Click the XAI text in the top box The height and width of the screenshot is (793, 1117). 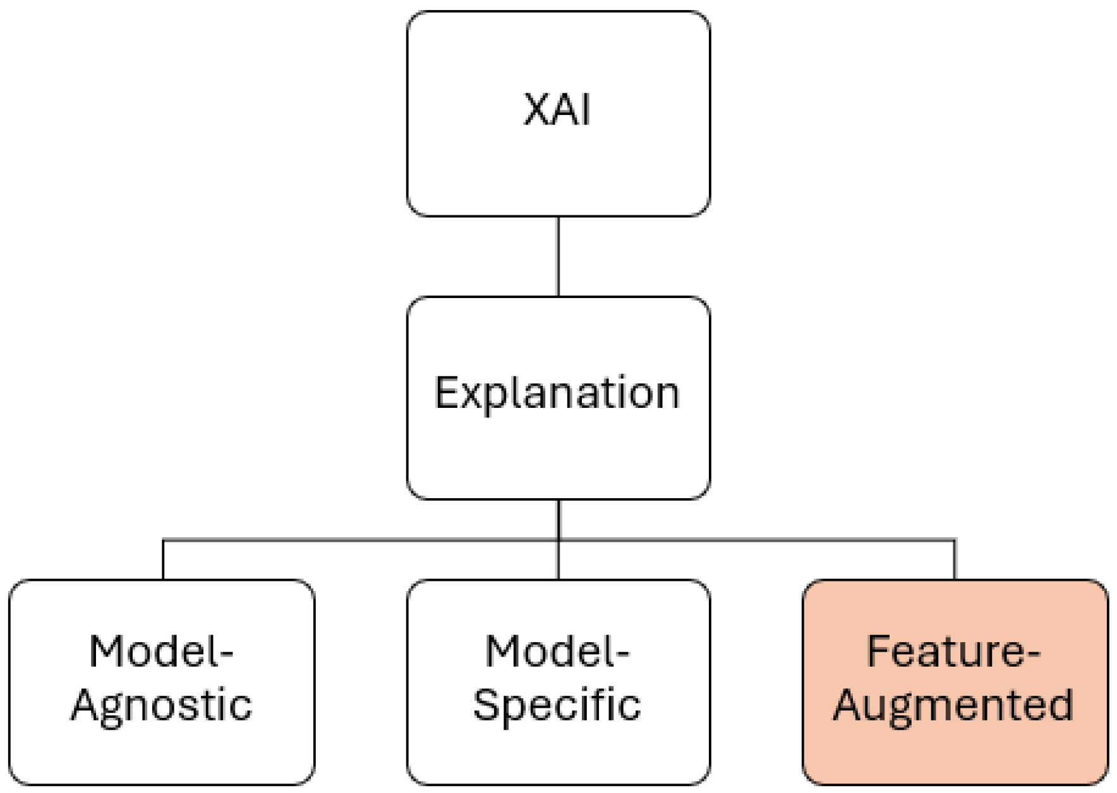click(557, 110)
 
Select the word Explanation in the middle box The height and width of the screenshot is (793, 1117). click(557, 393)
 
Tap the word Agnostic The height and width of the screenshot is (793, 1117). click(162, 705)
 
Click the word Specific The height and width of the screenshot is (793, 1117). click(557, 705)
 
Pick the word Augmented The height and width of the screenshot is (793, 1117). click(953, 705)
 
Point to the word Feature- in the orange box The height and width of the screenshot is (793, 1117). click(953, 652)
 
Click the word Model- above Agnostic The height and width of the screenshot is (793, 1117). click(162, 652)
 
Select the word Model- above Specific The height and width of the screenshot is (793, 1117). click(557, 652)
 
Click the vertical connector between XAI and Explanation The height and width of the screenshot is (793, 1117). click(558, 256)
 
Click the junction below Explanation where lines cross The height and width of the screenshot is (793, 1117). click(558, 540)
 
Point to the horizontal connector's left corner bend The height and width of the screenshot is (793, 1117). click(164, 540)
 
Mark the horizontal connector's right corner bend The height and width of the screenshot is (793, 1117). click(955, 540)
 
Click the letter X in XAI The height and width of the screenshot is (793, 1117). click(536, 110)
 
